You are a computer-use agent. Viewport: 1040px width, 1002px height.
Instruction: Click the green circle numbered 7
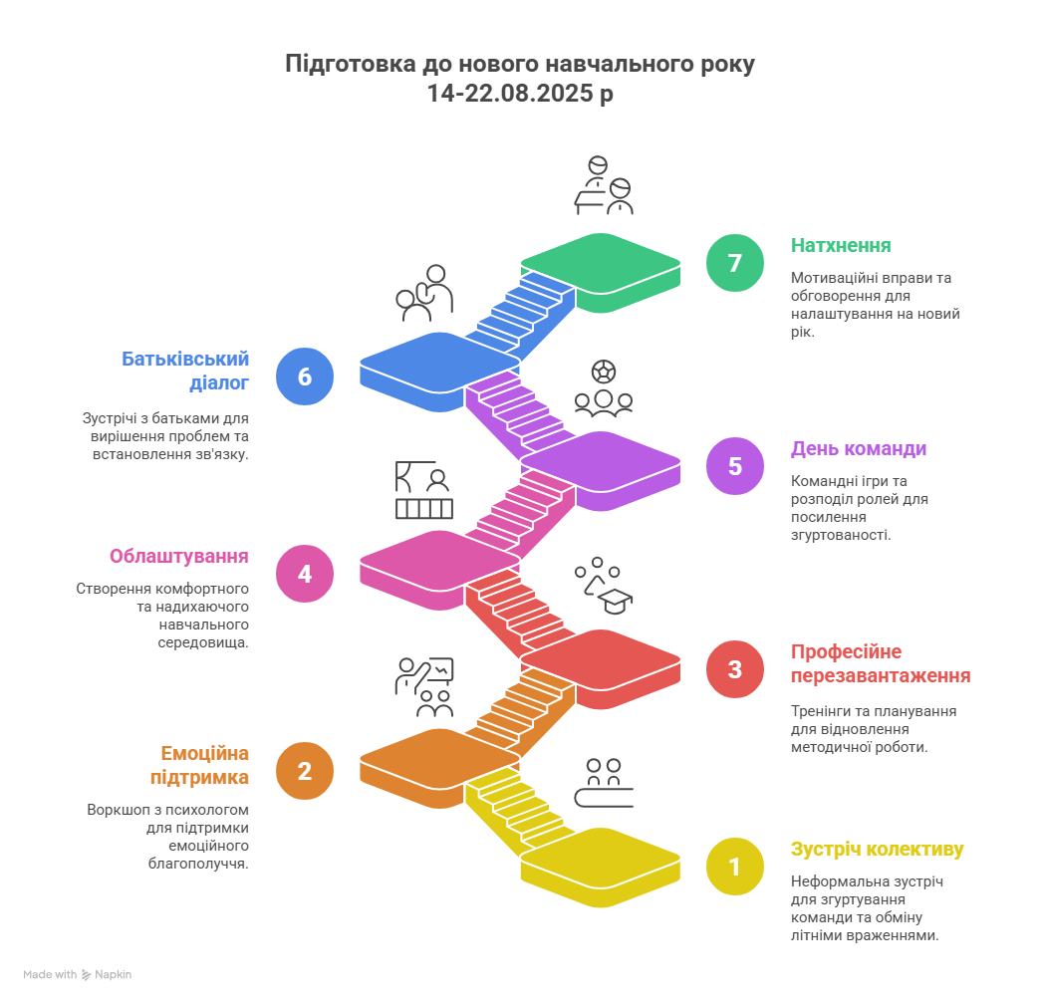click(735, 263)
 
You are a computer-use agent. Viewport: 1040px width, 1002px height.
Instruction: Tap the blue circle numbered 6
click(305, 376)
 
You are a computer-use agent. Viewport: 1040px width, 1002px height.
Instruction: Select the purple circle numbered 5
click(735, 465)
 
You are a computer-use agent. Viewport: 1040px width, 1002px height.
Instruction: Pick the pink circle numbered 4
click(305, 574)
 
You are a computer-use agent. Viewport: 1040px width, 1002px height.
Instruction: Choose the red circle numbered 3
click(735, 669)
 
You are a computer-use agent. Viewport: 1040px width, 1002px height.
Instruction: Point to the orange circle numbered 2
click(305, 771)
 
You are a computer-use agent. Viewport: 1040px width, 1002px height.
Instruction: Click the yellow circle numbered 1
click(735, 867)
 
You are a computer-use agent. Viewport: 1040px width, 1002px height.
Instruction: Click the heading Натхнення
click(841, 245)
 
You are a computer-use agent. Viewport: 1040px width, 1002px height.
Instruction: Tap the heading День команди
click(859, 449)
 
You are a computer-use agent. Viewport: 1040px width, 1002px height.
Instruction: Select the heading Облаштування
click(179, 557)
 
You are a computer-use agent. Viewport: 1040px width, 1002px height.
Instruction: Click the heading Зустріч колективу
click(877, 850)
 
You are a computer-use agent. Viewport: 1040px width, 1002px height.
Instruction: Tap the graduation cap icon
click(615, 601)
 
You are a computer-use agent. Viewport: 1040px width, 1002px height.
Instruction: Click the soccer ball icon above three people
click(604, 372)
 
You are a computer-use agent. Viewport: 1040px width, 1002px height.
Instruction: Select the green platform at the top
click(601, 272)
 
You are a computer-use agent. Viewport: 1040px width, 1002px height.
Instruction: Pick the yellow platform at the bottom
click(601, 868)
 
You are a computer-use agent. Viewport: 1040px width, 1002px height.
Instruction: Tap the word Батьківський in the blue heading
click(185, 359)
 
